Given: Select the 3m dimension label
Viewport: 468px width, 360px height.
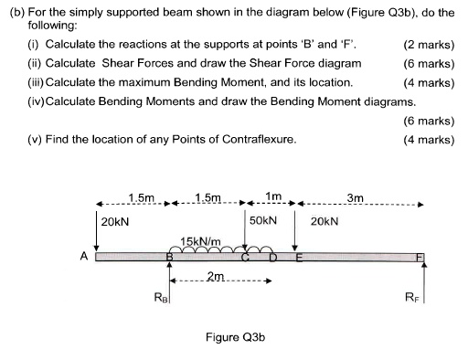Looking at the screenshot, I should [x=355, y=197].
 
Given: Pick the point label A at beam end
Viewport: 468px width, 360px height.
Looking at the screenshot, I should [x=84, y=258].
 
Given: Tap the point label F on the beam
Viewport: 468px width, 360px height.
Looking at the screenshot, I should [x=420, y=258].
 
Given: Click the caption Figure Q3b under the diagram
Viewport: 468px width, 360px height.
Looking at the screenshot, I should [x=235, y=337].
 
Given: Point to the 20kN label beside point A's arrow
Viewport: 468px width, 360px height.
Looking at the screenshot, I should [x=114, y=221].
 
